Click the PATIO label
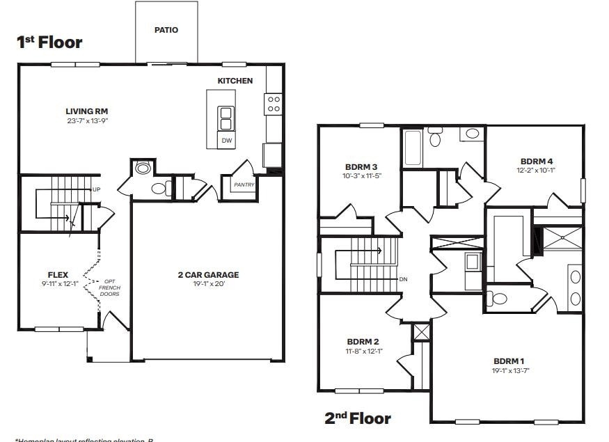[166, 30]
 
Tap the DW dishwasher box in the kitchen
[226, 141]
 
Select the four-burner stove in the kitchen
[274, 104]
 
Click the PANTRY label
[244, 185]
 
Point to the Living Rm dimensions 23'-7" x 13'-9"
[86, 121]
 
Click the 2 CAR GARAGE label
[208, 275]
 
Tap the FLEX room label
[58, 275]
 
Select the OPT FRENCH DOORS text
[109, 287]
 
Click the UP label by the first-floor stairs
[96, 189]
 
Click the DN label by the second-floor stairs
[403, 279]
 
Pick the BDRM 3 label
[361, 166]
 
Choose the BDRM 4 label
[536, 161]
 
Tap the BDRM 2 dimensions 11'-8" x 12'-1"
[363, 351]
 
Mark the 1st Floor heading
[49, 42]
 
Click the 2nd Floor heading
[358, 418]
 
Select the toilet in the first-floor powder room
[159, 188]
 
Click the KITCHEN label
[235, 81]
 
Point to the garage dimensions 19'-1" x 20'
[208, 284]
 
